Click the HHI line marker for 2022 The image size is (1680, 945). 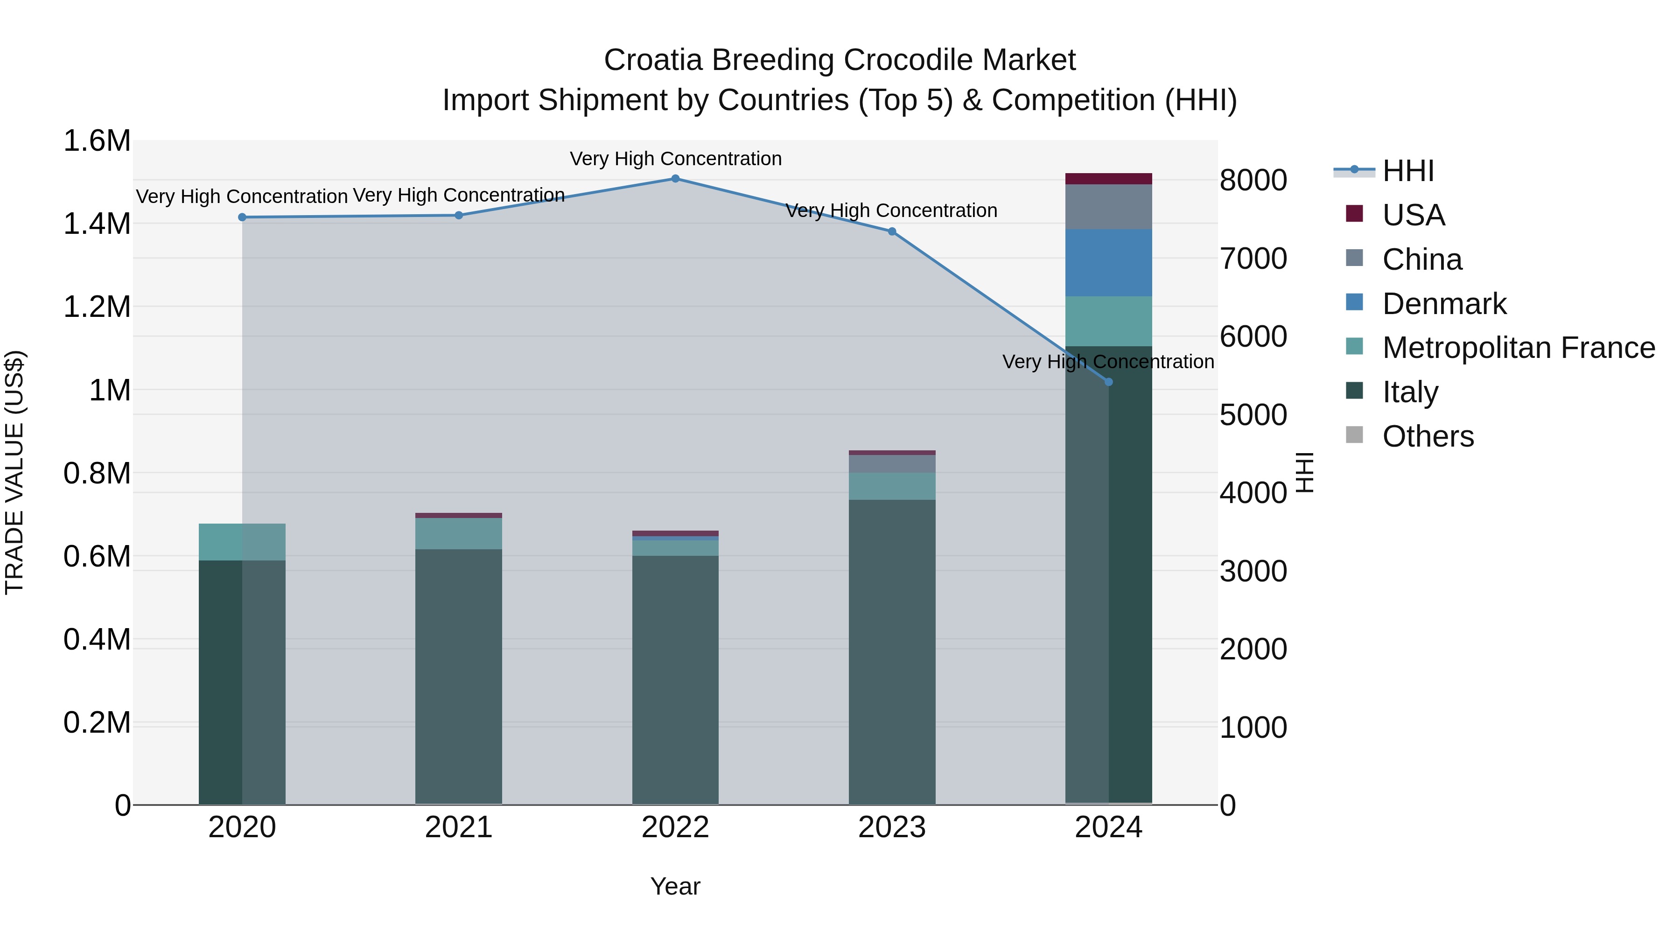675,179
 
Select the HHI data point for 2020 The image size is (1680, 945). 242,217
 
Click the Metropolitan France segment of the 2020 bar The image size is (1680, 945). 242,541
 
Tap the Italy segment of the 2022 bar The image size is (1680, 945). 675,678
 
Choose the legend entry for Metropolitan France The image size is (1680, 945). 1518,348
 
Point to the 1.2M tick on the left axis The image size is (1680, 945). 97,307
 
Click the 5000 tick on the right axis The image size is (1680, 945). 1253,415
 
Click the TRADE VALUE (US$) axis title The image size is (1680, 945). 14,472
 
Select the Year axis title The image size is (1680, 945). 675,886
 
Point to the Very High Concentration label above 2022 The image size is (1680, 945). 675,159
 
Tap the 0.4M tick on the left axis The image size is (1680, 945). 97,640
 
